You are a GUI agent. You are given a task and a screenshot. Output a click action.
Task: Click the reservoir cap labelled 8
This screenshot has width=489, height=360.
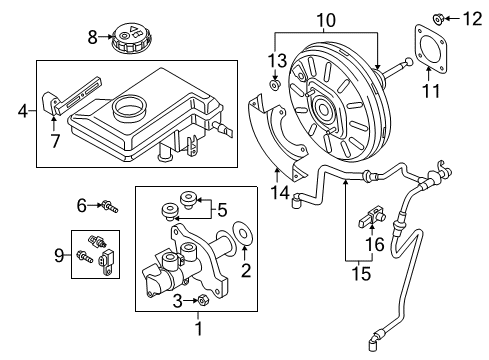[131, 37]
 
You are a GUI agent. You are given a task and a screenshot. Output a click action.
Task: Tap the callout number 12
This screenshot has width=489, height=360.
[472, 19]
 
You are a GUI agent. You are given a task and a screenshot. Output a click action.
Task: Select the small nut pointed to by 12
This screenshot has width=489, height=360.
[438, 19]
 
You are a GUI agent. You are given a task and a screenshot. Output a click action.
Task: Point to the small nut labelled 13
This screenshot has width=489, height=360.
[275, 84]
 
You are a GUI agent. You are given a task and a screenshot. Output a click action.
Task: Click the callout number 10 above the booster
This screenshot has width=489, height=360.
[326, 20]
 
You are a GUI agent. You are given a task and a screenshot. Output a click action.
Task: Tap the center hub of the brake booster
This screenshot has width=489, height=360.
[323, 109]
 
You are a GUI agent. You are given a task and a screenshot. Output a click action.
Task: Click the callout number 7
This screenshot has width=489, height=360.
[55, 140]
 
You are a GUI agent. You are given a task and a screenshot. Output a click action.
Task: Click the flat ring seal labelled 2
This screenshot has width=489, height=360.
[244, 234]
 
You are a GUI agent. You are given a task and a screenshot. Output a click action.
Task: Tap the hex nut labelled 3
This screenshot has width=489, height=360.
[203, 300]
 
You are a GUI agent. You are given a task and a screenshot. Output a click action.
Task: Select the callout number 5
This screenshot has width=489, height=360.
[222, 210]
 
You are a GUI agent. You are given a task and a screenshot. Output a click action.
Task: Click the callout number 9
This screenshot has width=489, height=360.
[59, 256]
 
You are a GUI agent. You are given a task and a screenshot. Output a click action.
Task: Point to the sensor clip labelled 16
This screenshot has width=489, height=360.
[372, 217]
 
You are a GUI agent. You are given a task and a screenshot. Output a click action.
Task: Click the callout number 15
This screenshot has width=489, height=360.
[361, 273]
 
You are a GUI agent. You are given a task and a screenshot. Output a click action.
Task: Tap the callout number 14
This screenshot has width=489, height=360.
[280, 192]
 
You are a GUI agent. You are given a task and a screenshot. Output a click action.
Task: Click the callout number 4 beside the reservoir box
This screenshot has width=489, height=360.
[23, 111]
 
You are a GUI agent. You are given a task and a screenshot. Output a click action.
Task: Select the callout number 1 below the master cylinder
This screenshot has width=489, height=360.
[199, 328]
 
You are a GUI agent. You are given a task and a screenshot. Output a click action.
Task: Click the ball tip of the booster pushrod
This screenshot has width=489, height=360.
[409, 62]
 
